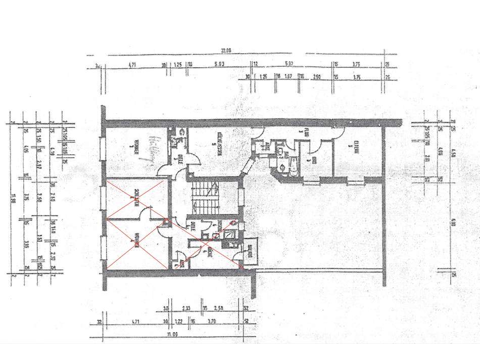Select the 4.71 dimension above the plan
tap(133, 65)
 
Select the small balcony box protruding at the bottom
tap(251, 252)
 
